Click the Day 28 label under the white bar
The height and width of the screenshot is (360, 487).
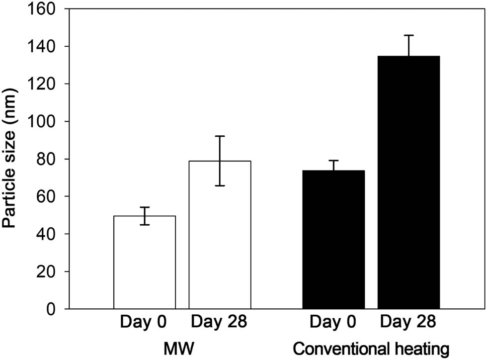(x=220, y=323)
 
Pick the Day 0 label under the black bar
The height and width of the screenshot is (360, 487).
(x=333, y=323)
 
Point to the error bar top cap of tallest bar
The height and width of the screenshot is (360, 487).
(x=408, y=35)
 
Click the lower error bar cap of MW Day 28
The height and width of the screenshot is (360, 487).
(x=220, y=185)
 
